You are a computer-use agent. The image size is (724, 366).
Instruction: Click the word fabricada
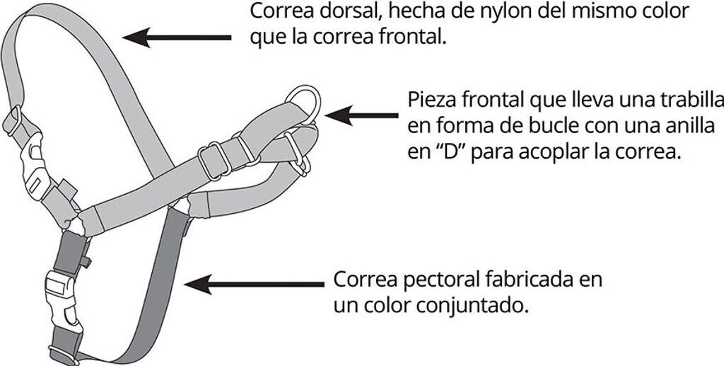526,279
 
